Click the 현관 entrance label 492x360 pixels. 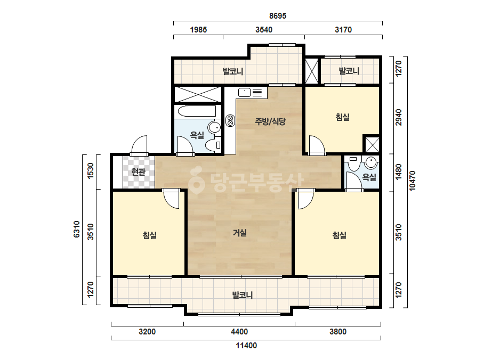[139, 172]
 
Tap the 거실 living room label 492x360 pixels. [240, 233]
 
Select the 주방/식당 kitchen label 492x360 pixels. [270, 121]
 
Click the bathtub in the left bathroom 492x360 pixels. [197, 111]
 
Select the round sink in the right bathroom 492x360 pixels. [371, 162]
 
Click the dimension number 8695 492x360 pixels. [278, 15]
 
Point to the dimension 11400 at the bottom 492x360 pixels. [246, 346]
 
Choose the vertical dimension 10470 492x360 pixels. [412, 181]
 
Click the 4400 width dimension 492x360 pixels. [239, 331]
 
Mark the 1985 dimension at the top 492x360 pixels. [198, 30]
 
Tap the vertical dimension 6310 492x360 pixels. [77, 229]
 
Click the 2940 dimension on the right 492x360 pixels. [399, 117]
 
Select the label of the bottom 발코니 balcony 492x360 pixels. [242, 295]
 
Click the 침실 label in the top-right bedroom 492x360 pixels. [343, 117]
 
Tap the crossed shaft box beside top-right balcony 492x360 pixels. [312, 71]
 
